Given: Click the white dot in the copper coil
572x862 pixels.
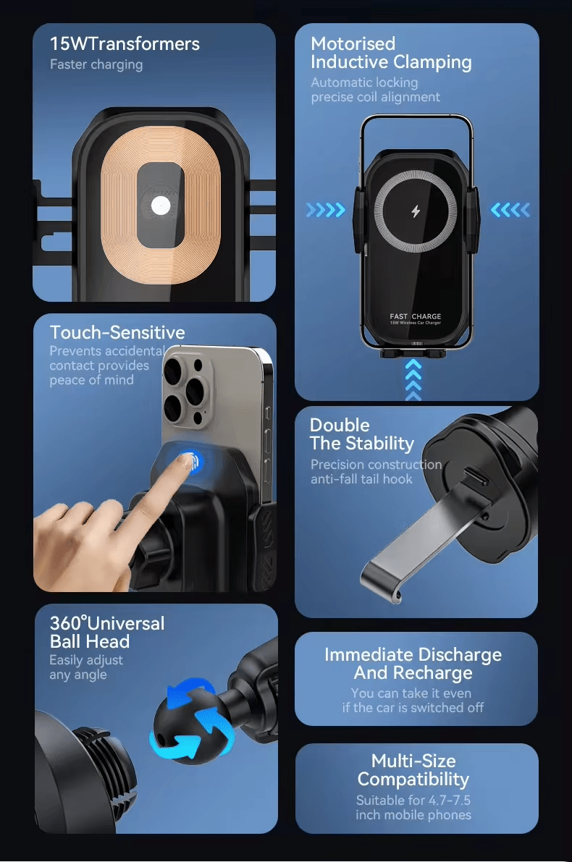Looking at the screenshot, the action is coord(161,206).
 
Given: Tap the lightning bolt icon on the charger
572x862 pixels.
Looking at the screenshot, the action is coord(416,211).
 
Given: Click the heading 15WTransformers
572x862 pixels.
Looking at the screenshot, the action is coord(125,44).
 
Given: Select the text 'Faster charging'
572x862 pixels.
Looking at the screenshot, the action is coord(96,65).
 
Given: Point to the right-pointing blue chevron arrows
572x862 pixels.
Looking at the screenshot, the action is coord(326,209).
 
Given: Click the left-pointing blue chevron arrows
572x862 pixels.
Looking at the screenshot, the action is coord(510,209).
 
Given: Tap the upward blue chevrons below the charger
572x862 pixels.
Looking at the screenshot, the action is coord(413,379).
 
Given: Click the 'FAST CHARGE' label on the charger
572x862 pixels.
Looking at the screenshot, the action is coord(416,316).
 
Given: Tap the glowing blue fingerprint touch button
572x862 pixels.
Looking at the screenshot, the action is coord(190,461).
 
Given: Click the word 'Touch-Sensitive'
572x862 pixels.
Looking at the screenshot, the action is coord(117,333).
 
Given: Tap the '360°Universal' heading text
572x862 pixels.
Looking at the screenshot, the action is coord(107,623).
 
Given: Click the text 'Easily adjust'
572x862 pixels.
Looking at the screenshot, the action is coord(86,660).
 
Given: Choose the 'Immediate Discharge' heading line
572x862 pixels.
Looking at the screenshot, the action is coord(413,655).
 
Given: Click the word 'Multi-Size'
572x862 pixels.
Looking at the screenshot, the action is coord(413,761).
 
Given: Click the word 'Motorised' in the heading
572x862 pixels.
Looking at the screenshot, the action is coord(353,44).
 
